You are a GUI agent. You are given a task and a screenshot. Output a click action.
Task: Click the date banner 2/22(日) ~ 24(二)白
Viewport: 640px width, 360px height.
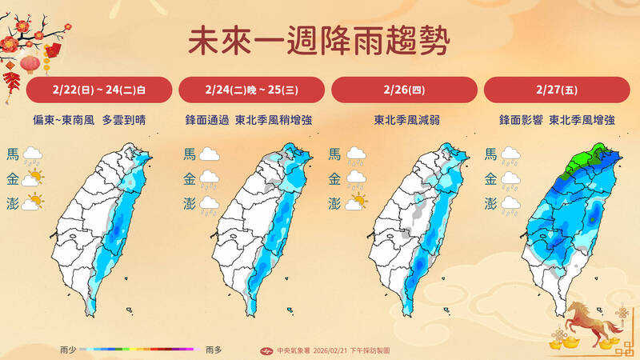99,90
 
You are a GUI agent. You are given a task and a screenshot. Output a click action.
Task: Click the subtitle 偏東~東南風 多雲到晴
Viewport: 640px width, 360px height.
99,121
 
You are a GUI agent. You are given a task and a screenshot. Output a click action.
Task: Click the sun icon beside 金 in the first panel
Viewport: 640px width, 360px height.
34,178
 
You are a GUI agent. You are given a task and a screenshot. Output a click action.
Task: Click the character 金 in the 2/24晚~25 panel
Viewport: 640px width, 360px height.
190,178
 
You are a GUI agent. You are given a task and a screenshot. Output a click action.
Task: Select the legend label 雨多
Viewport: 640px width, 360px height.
214,350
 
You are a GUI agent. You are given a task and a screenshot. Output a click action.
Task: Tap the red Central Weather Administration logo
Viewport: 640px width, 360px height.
268,350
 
